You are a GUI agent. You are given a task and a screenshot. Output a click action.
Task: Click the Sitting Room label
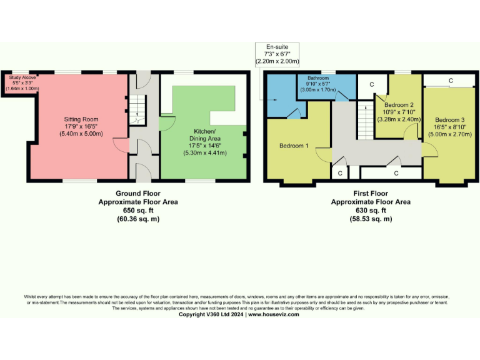click(x=81, y=119)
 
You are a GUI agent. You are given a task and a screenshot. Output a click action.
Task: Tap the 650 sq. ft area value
click(x=138, y=211)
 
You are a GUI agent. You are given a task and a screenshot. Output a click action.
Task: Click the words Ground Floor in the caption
click(x=138, y=194)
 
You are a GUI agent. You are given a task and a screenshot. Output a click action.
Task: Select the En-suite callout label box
click(x=277, y=54)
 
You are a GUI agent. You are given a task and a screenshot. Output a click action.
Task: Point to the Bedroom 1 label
click(x=294, y=146)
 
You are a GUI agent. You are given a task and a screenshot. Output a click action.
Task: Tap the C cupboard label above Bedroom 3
click(x=450, y=81)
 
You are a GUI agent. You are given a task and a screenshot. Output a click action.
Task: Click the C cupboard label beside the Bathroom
click(x=371, y=84)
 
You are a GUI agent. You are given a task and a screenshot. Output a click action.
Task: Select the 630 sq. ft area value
click(x=371, y=211)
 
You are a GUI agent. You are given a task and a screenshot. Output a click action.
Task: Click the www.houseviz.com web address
click(x=274, y=314)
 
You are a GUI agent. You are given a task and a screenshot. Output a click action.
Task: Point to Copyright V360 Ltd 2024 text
click(x=211, y=314)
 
